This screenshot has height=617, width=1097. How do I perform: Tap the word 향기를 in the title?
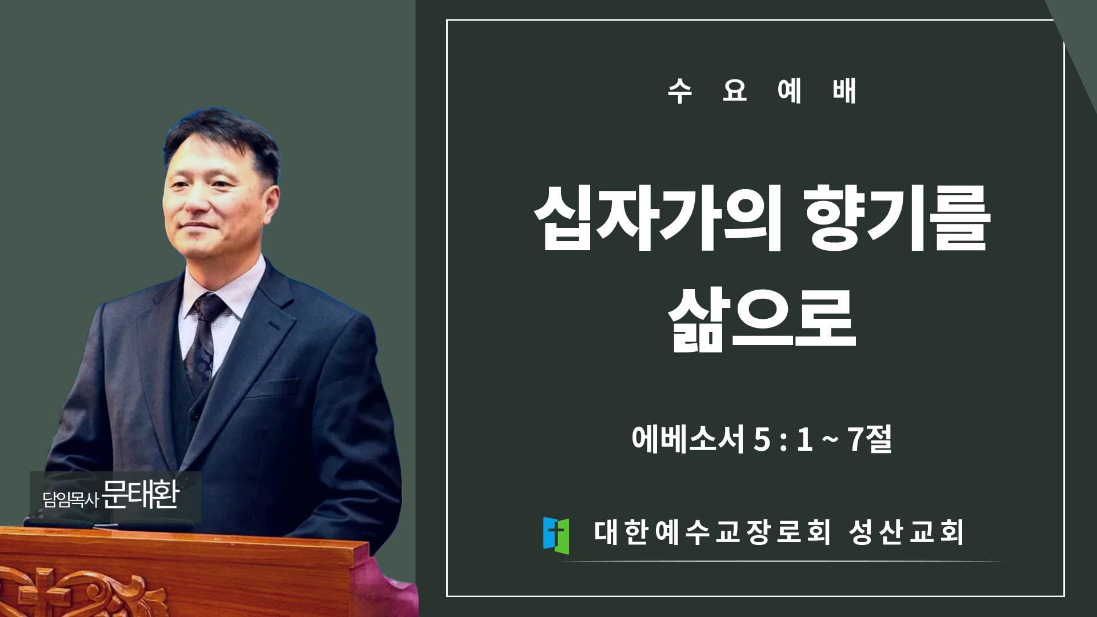897,218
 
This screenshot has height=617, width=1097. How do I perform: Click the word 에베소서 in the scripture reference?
688,439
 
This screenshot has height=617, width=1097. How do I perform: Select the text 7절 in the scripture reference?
870,439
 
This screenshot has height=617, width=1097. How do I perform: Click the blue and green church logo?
556,535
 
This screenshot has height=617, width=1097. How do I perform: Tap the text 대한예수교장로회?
712,532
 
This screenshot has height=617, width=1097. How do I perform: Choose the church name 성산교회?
906,532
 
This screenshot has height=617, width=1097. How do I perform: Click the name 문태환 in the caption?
141,495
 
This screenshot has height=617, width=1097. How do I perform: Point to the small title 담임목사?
71,499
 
